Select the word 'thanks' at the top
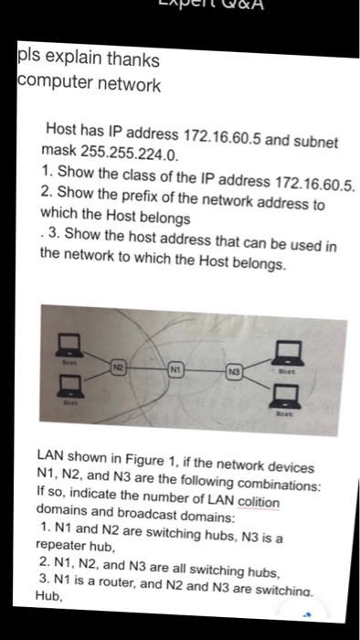click(131, 60)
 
